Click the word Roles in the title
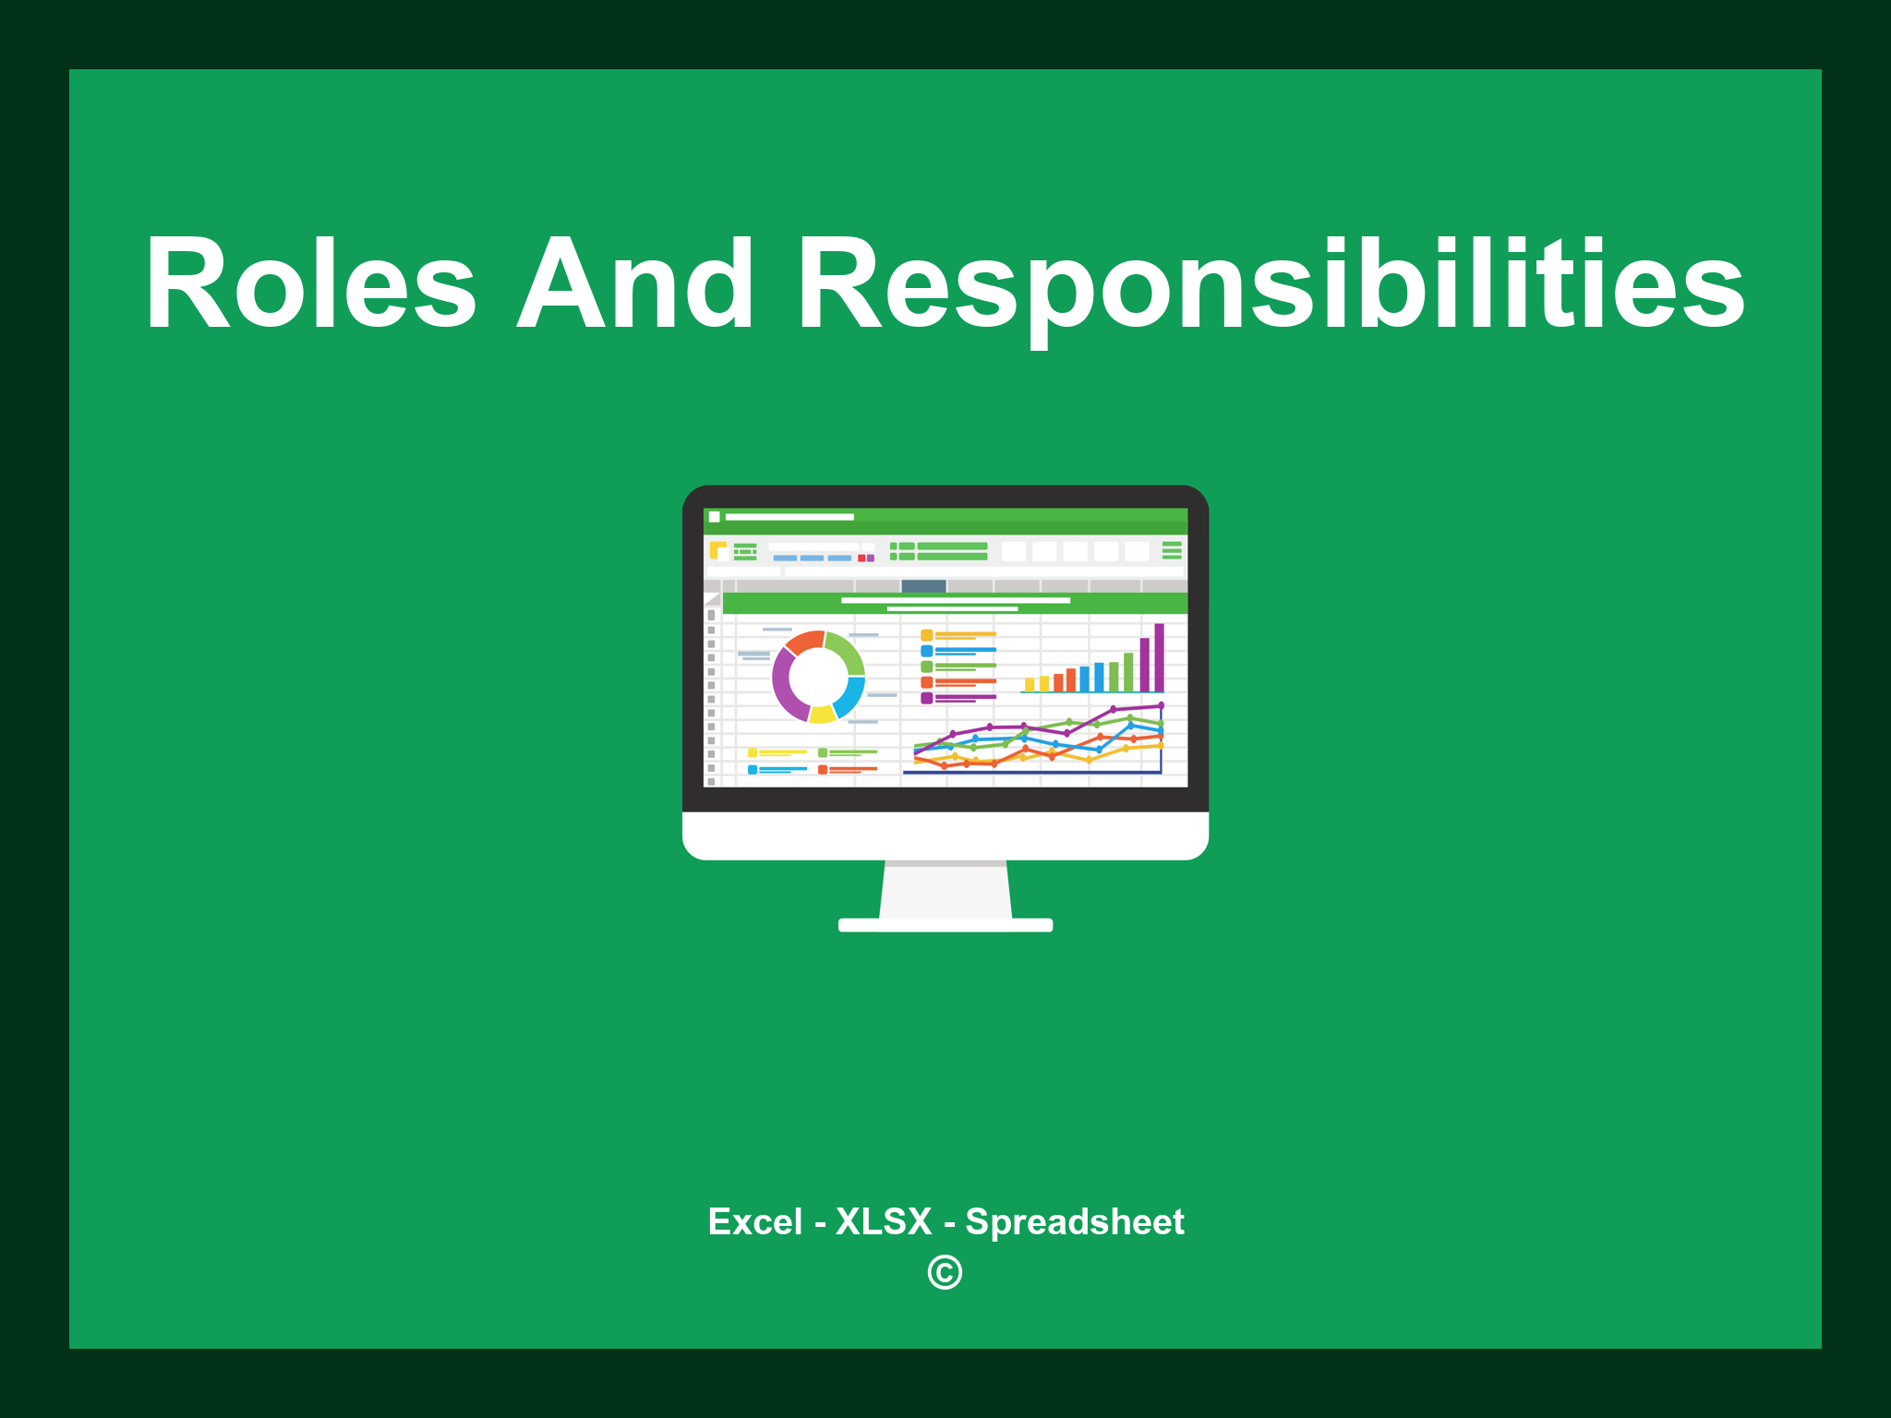[x=310, y=283]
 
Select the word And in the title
[x=635, y=283]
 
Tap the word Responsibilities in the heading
[x=1270, y=283]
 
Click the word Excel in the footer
[x=754, y=1222]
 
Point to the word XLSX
[x=884, y=1222]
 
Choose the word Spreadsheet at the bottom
[x=1074, y=1222]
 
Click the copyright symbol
[x=945, y=1272]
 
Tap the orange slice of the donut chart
[x=803, y=641]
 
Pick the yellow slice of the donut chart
[x=822, y=714]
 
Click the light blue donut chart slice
[x=850, y=697]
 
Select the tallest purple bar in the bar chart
[x=1159, y=657]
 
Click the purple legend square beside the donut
[x=926, y=698]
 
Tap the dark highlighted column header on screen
[x=923, y=585]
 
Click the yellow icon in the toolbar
[x=717, y=550]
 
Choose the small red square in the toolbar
[x=861, y=559]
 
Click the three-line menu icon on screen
[x=1172, y=550]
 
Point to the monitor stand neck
[x=945, y=891]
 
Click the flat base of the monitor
[x=945, y=925]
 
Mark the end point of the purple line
[x=1161, y=705]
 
